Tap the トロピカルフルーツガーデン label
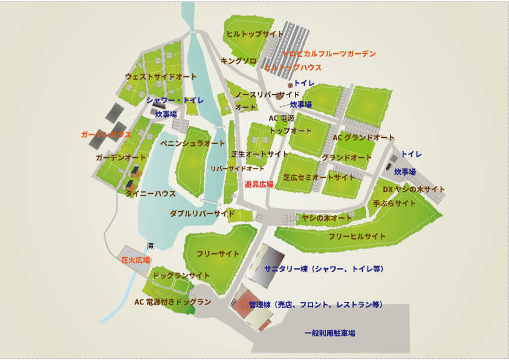tap(329, 54)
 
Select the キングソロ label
tap(239, 61)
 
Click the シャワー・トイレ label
tap(174, 100)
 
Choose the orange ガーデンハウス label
tap(106, 134)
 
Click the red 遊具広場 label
tap(259, 183)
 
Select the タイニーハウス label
tap(151, 194)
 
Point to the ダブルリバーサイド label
tap(202, 214)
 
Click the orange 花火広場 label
tap(135, 260)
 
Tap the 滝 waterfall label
tap(151, 246)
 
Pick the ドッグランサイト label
tap(181, 275)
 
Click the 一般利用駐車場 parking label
tap(329, 333)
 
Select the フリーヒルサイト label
tap(357, 236)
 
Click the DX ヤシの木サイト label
tap(414, 189)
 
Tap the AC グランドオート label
tap(363, 137)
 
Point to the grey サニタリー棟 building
tap(262, 266)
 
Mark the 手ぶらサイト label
tap(395, 203)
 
